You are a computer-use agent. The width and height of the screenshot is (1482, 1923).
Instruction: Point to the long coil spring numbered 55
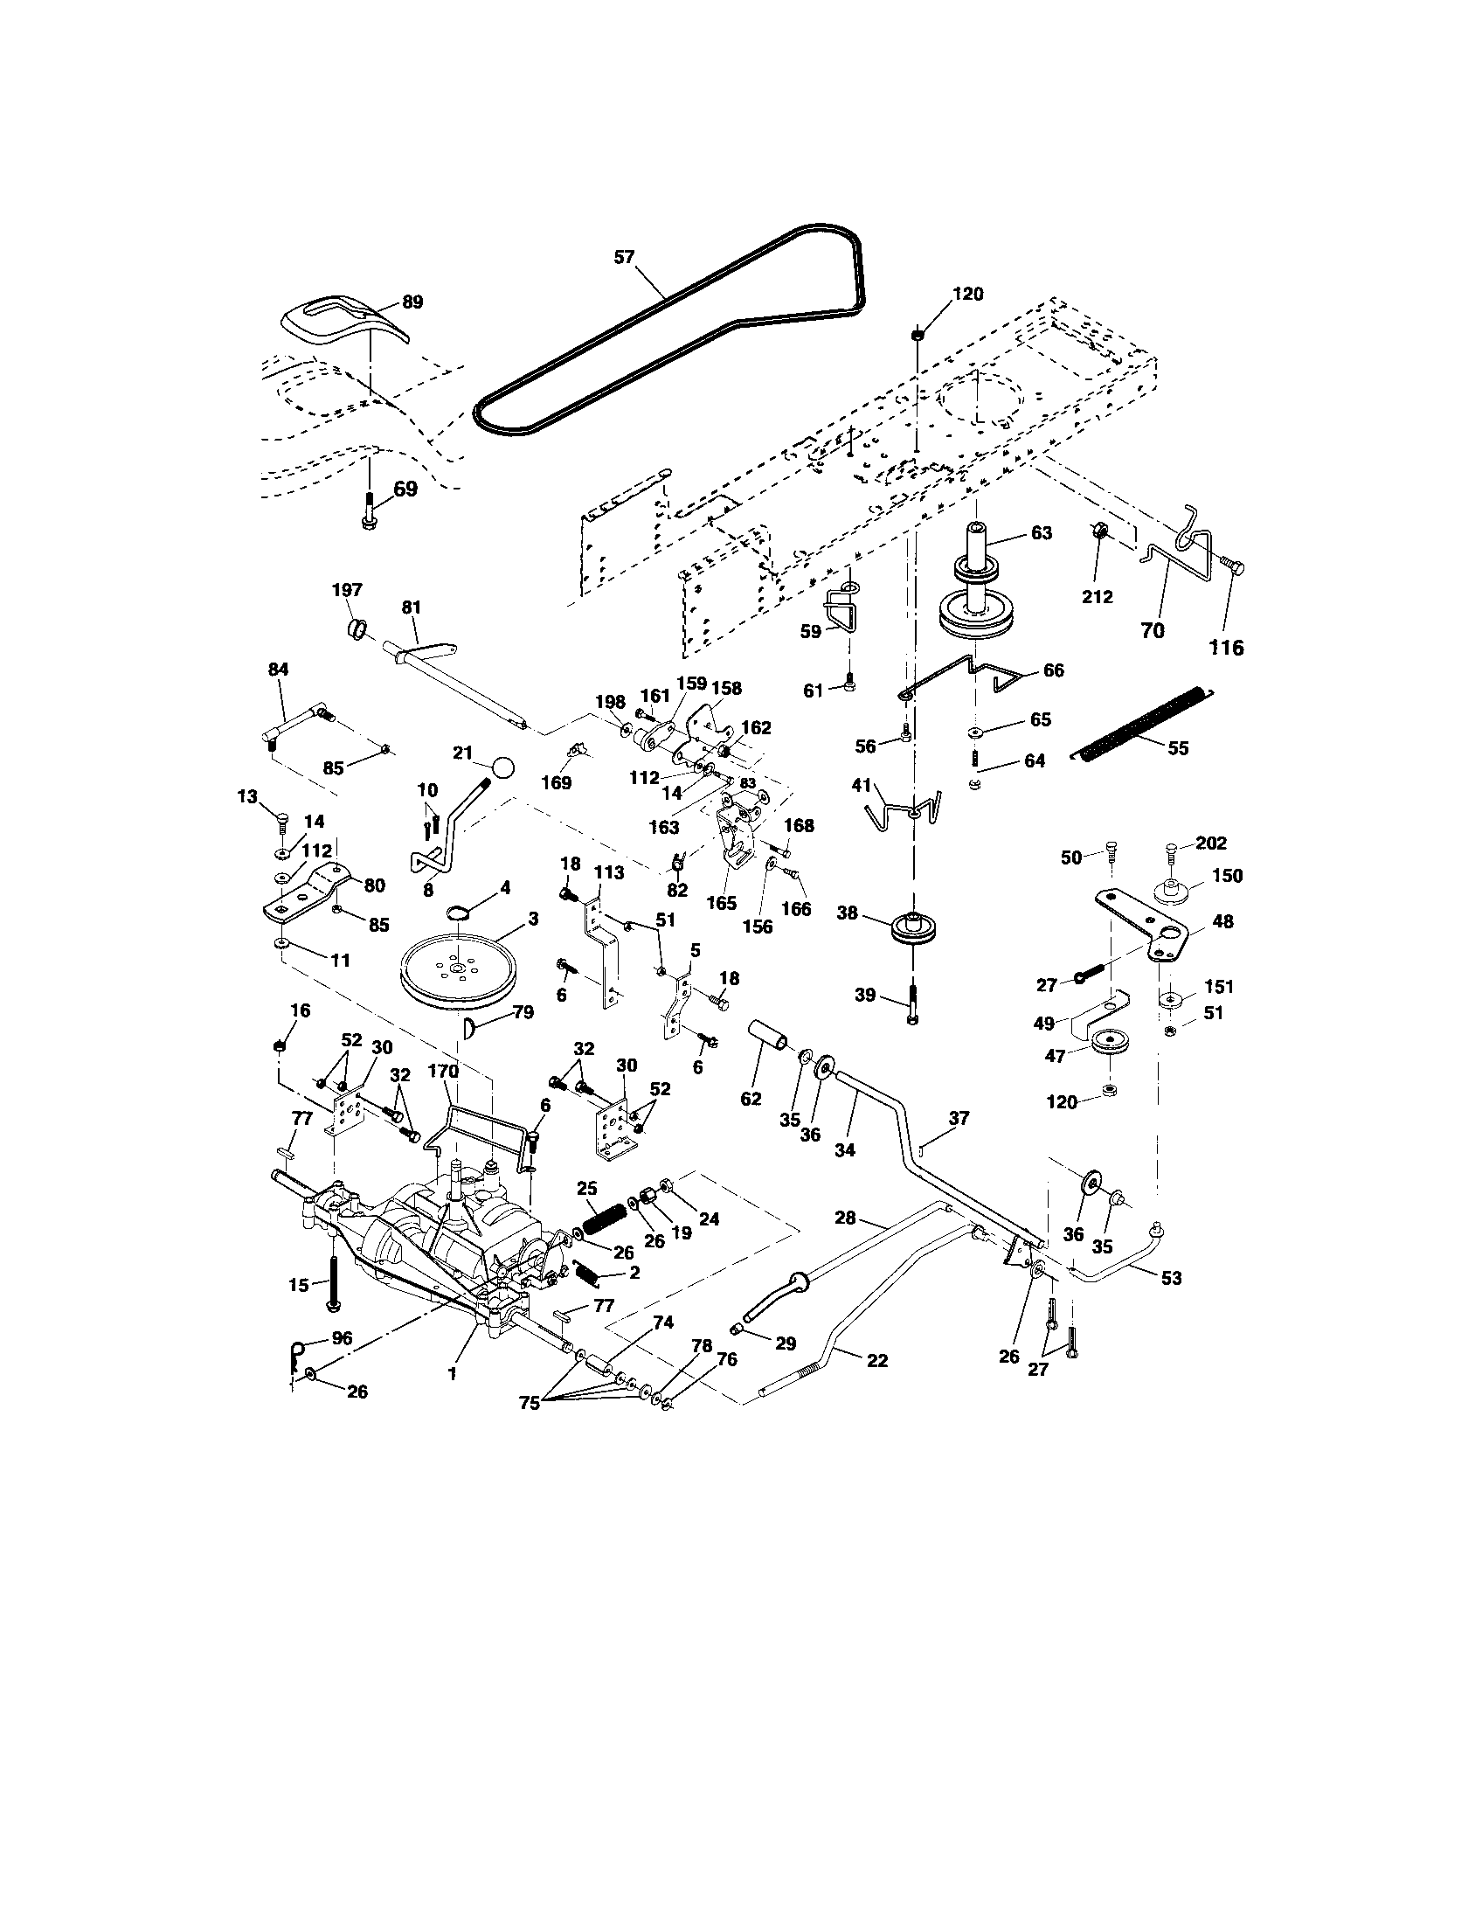coord(1142,721)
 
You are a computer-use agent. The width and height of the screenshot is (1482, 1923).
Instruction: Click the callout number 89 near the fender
coord(412,302)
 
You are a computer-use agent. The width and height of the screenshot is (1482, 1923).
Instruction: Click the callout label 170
coord(444,1072)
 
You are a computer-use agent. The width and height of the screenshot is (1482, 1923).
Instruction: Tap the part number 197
coord(348,590)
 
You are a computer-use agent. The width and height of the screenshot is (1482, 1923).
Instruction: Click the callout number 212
coord(1098,597)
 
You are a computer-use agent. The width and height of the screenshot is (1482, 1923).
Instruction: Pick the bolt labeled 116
coord(1231,568)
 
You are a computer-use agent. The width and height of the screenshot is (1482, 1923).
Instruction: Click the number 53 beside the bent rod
coord(1171,1278)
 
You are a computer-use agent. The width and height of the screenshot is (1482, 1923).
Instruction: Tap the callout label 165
coord(722,905)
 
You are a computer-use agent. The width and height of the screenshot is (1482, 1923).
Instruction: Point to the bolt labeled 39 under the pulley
coord(912,1002)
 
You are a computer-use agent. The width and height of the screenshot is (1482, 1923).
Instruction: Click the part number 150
coord(1228,876)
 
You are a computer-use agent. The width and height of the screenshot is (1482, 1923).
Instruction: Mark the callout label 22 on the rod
coord(876,1360)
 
